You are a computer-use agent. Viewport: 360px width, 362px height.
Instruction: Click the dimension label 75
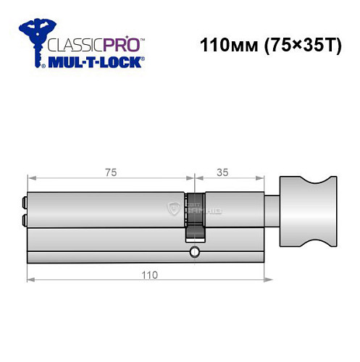[x=110, y=172]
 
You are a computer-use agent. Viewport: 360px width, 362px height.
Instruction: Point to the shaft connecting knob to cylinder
[x=273, y=210]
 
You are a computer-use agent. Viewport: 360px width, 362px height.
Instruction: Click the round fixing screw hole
[x=193, y=252]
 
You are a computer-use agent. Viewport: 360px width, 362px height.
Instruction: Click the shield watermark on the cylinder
[x=174, y=210]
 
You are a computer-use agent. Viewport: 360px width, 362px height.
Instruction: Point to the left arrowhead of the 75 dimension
[x=30, y=179]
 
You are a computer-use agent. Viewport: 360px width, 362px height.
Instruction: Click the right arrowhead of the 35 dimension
[x=262, y=179]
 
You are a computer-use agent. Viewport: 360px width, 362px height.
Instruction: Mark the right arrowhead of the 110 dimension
[x=262, y=281]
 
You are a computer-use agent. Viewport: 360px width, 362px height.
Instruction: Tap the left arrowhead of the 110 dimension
[x=30, y=281]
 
